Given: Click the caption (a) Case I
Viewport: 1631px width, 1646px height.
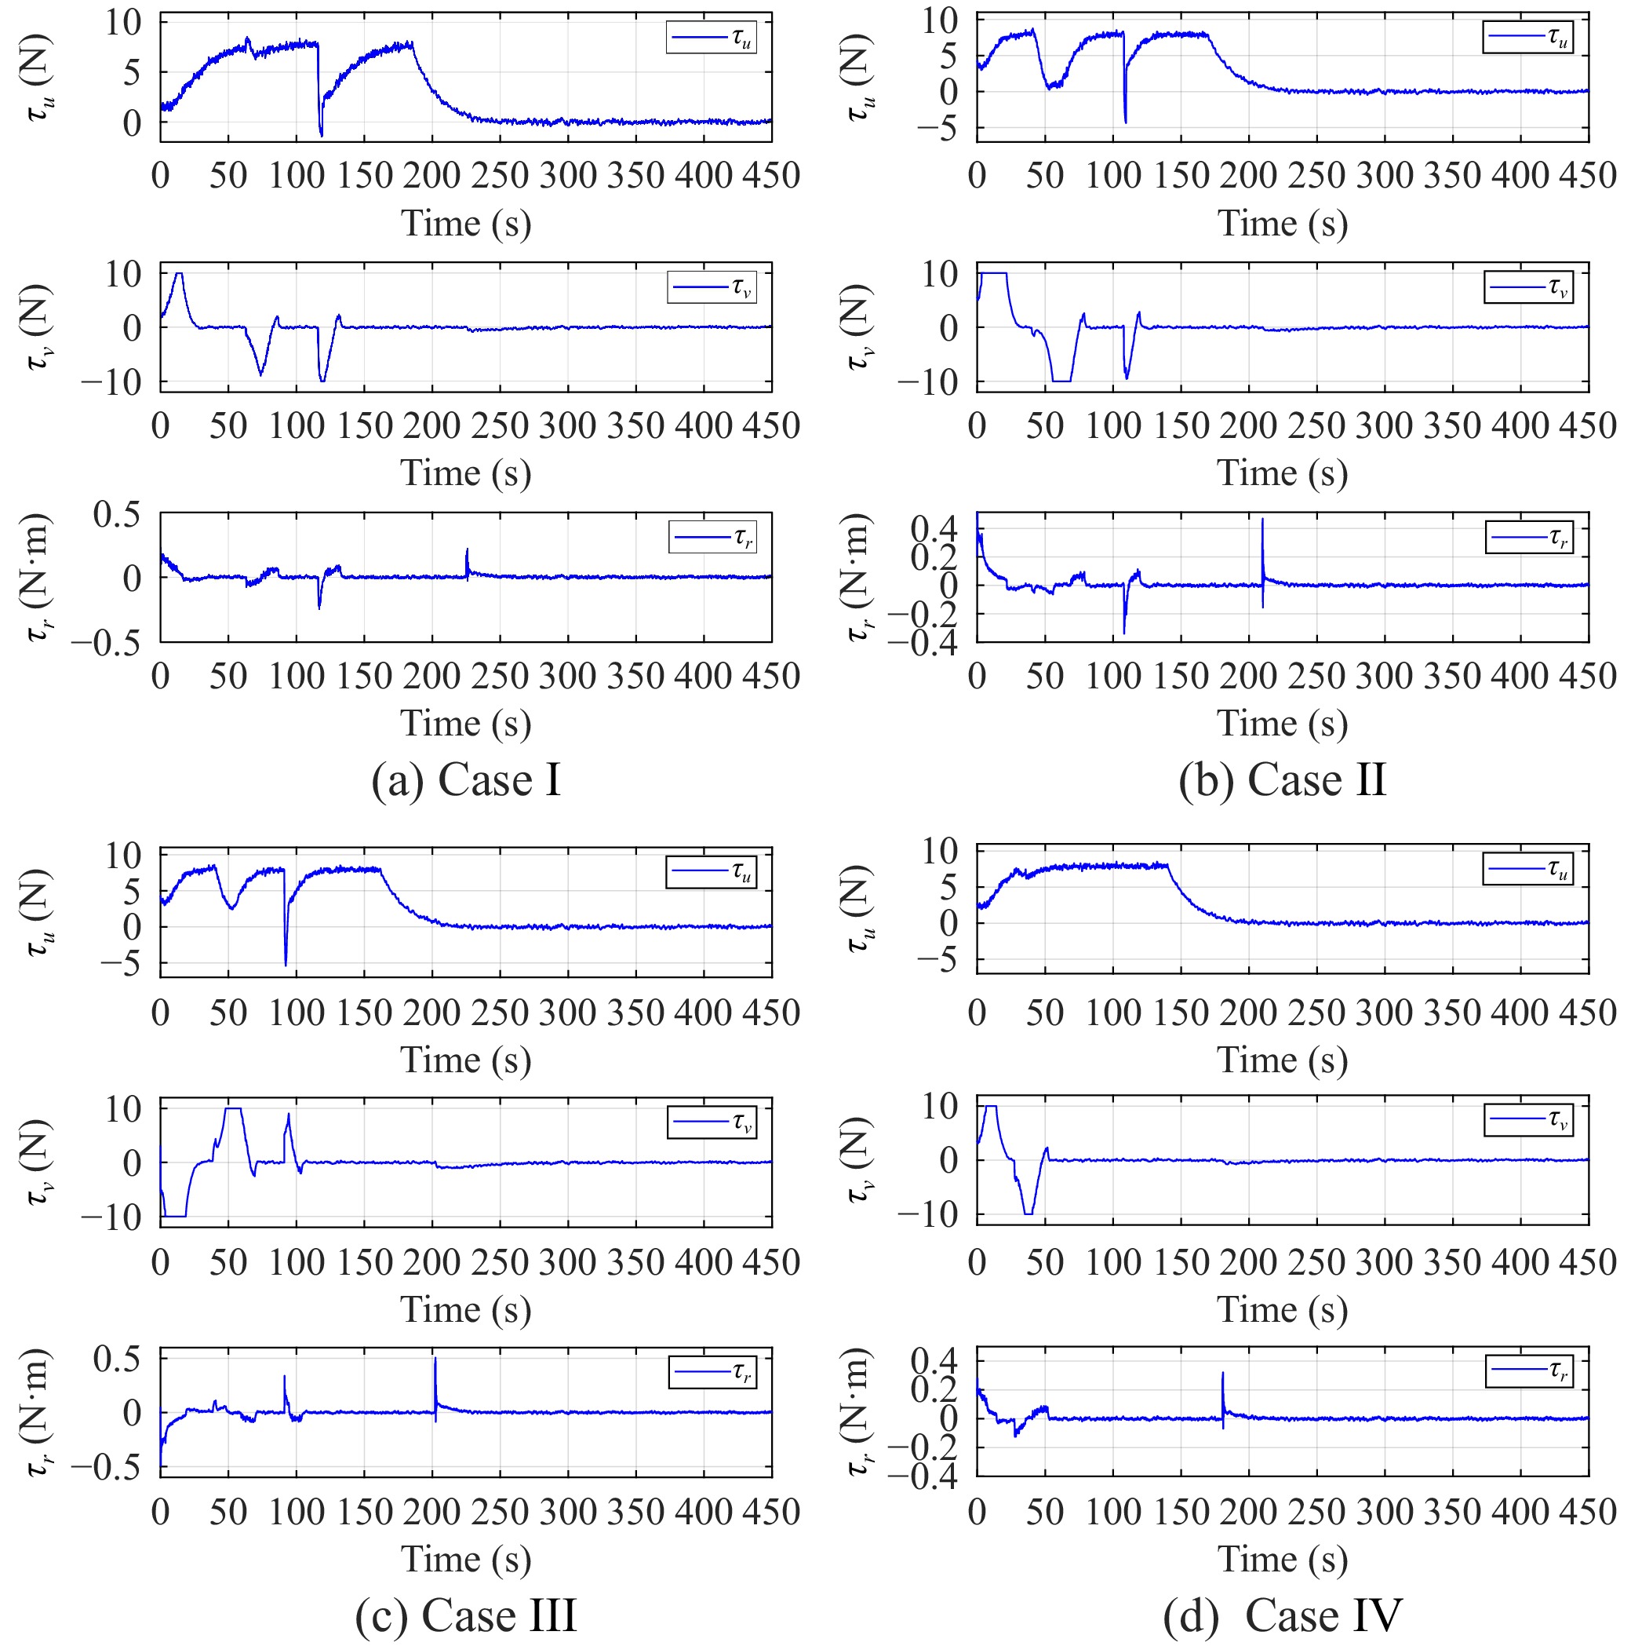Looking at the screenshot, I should click(x=466, y=779).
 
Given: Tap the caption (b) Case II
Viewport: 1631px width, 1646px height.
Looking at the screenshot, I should click(x=1282, y=779).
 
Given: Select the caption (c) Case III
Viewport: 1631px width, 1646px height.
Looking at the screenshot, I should click(x=466, y=1615).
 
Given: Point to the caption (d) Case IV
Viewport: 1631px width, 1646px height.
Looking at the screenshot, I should click(x=1282, y=1615).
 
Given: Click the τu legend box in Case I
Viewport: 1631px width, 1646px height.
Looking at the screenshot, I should click(x=710, y=38).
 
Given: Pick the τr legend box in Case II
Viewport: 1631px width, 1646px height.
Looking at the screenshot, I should click(x=1529, y=538).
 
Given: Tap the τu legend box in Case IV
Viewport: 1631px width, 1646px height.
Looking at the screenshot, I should click(x=1528, y=869).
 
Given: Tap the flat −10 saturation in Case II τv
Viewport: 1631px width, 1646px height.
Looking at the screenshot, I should click(x=1061, y=381).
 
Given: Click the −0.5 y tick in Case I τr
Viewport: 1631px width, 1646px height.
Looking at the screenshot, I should click(x=106, y=642).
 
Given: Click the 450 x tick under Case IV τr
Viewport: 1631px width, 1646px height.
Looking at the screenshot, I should click(x=1588, y=1513).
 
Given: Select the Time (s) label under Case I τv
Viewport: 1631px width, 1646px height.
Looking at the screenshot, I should click(x=466, y=473).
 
